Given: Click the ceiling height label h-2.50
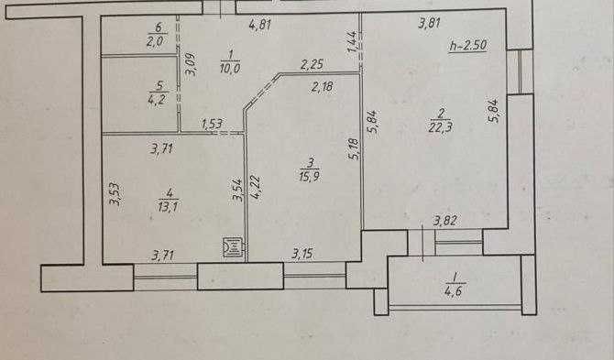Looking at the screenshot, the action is pyautogui.click(x=468, y=46).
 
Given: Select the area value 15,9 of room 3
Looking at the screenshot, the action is pyautogui.click(x=310, y=176).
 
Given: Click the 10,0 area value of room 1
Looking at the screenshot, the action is pyautogui.click(x=230, y=67).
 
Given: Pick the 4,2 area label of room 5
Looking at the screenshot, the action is pyautogui.click(x=159, y=99).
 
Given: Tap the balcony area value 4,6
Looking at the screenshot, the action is pyautogui.click(x=454, y=291).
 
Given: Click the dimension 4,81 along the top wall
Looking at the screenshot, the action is pyautogui.click(x=260, y=25).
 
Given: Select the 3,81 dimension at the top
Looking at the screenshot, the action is pyautogui.click(x=430, y=24).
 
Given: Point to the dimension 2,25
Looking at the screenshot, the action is pyautogui.click(x=312, y=64).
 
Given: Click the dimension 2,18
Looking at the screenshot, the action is pyautogui.click(x=323, y=86).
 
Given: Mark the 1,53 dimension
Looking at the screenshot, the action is pyautogui.click(x=213, y=125).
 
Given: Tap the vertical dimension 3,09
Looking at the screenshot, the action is pyautogui.click(x=192, y=64).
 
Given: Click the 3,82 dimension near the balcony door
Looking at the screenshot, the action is pyautogui.click(x=445, y=221).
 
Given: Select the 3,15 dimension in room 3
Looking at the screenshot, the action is pyautogui.click(x=302, y=254).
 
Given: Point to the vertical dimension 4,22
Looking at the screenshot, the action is pyautogui.click(x=256, y=187).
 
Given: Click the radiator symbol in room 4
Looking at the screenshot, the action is pyautogui.click(x=231, y=247).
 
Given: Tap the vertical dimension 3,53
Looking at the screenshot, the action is pyautogui.click(x=115, y=194).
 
